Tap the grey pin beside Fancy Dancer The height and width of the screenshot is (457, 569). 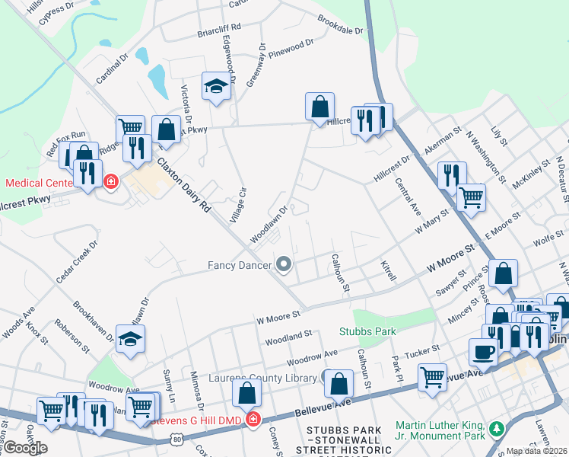pyautogui.click(x=284, y=265)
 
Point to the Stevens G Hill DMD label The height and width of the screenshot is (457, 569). pyautogui.click(x=198, y=420)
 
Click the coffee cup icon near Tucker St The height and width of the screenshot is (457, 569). pyautogui.click(x=483, y=351)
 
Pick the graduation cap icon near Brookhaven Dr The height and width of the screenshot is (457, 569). pyautogui.click(x=131, y=340)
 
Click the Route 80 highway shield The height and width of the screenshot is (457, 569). pyautogui.click(x=176, y=439)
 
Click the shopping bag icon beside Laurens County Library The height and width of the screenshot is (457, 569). pyautogui.click(x=339, y=385)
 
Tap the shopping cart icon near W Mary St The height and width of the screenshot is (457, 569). pyautogui.click(x=471, y=197)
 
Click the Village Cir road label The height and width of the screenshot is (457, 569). pyautogui.click(x=239, y=204)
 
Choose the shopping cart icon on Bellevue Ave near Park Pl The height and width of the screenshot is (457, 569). pyautogui.click(x=432, y=377)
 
